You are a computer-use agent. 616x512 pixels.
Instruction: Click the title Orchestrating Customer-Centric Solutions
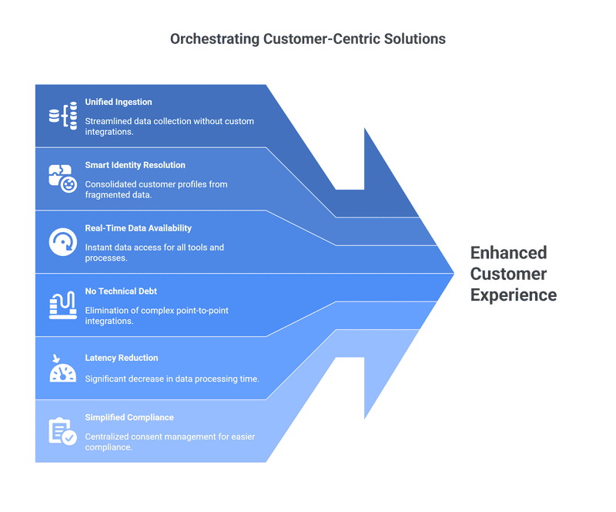point(307,39)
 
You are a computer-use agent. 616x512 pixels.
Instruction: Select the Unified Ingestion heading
point(119,102)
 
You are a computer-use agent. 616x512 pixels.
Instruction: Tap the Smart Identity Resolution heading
point(135,165)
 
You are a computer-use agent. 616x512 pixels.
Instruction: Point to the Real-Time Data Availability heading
point(138,228)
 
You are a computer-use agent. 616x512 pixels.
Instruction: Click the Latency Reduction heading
point(122,358)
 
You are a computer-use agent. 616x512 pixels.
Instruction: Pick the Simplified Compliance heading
point(129,417)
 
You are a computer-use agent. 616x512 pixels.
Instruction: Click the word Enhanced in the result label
point(508,253)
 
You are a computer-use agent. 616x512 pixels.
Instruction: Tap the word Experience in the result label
point(514,295)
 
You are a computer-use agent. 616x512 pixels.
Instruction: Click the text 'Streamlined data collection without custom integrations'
point(169,126)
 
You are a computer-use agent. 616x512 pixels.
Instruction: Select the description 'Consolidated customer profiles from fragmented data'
point(156,190)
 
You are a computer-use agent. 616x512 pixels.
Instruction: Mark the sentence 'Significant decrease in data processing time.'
point(172,378)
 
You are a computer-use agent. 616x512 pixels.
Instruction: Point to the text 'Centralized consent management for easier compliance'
point(170,442)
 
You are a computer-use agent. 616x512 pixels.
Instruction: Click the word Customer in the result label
point(509,274)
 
